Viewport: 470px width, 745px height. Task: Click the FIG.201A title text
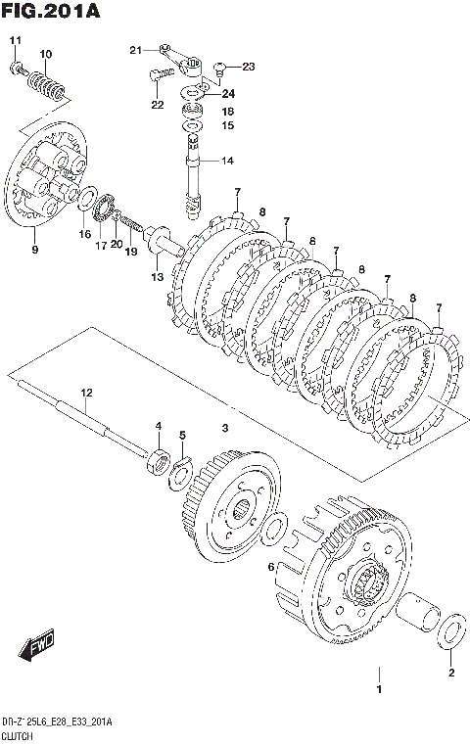tap(51, 11)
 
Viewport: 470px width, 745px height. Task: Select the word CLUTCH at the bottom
tap(18, 737)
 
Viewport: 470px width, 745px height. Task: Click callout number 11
tap(16, 41)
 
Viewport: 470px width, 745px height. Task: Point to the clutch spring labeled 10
tap(46, 84)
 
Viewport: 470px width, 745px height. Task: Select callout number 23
tap(249, 67)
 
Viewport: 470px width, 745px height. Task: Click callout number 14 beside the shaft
tap(227, 161)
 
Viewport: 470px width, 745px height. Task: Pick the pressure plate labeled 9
tap(47, 175)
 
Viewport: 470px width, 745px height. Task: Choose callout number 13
tap(157, 277)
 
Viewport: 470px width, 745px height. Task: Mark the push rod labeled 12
tap(81, 417)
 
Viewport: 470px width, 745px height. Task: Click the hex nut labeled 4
tap(159, 461)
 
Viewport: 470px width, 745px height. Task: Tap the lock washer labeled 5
tap(180, 472)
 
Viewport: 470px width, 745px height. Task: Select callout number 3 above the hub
tap(225, 428)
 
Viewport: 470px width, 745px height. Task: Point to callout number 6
tap(271, 567)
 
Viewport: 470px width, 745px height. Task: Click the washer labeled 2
tap(451, 630)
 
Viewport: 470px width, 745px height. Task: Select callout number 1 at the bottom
tap(379, 690)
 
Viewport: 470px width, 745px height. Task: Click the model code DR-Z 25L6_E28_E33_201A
tap(58, 722)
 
